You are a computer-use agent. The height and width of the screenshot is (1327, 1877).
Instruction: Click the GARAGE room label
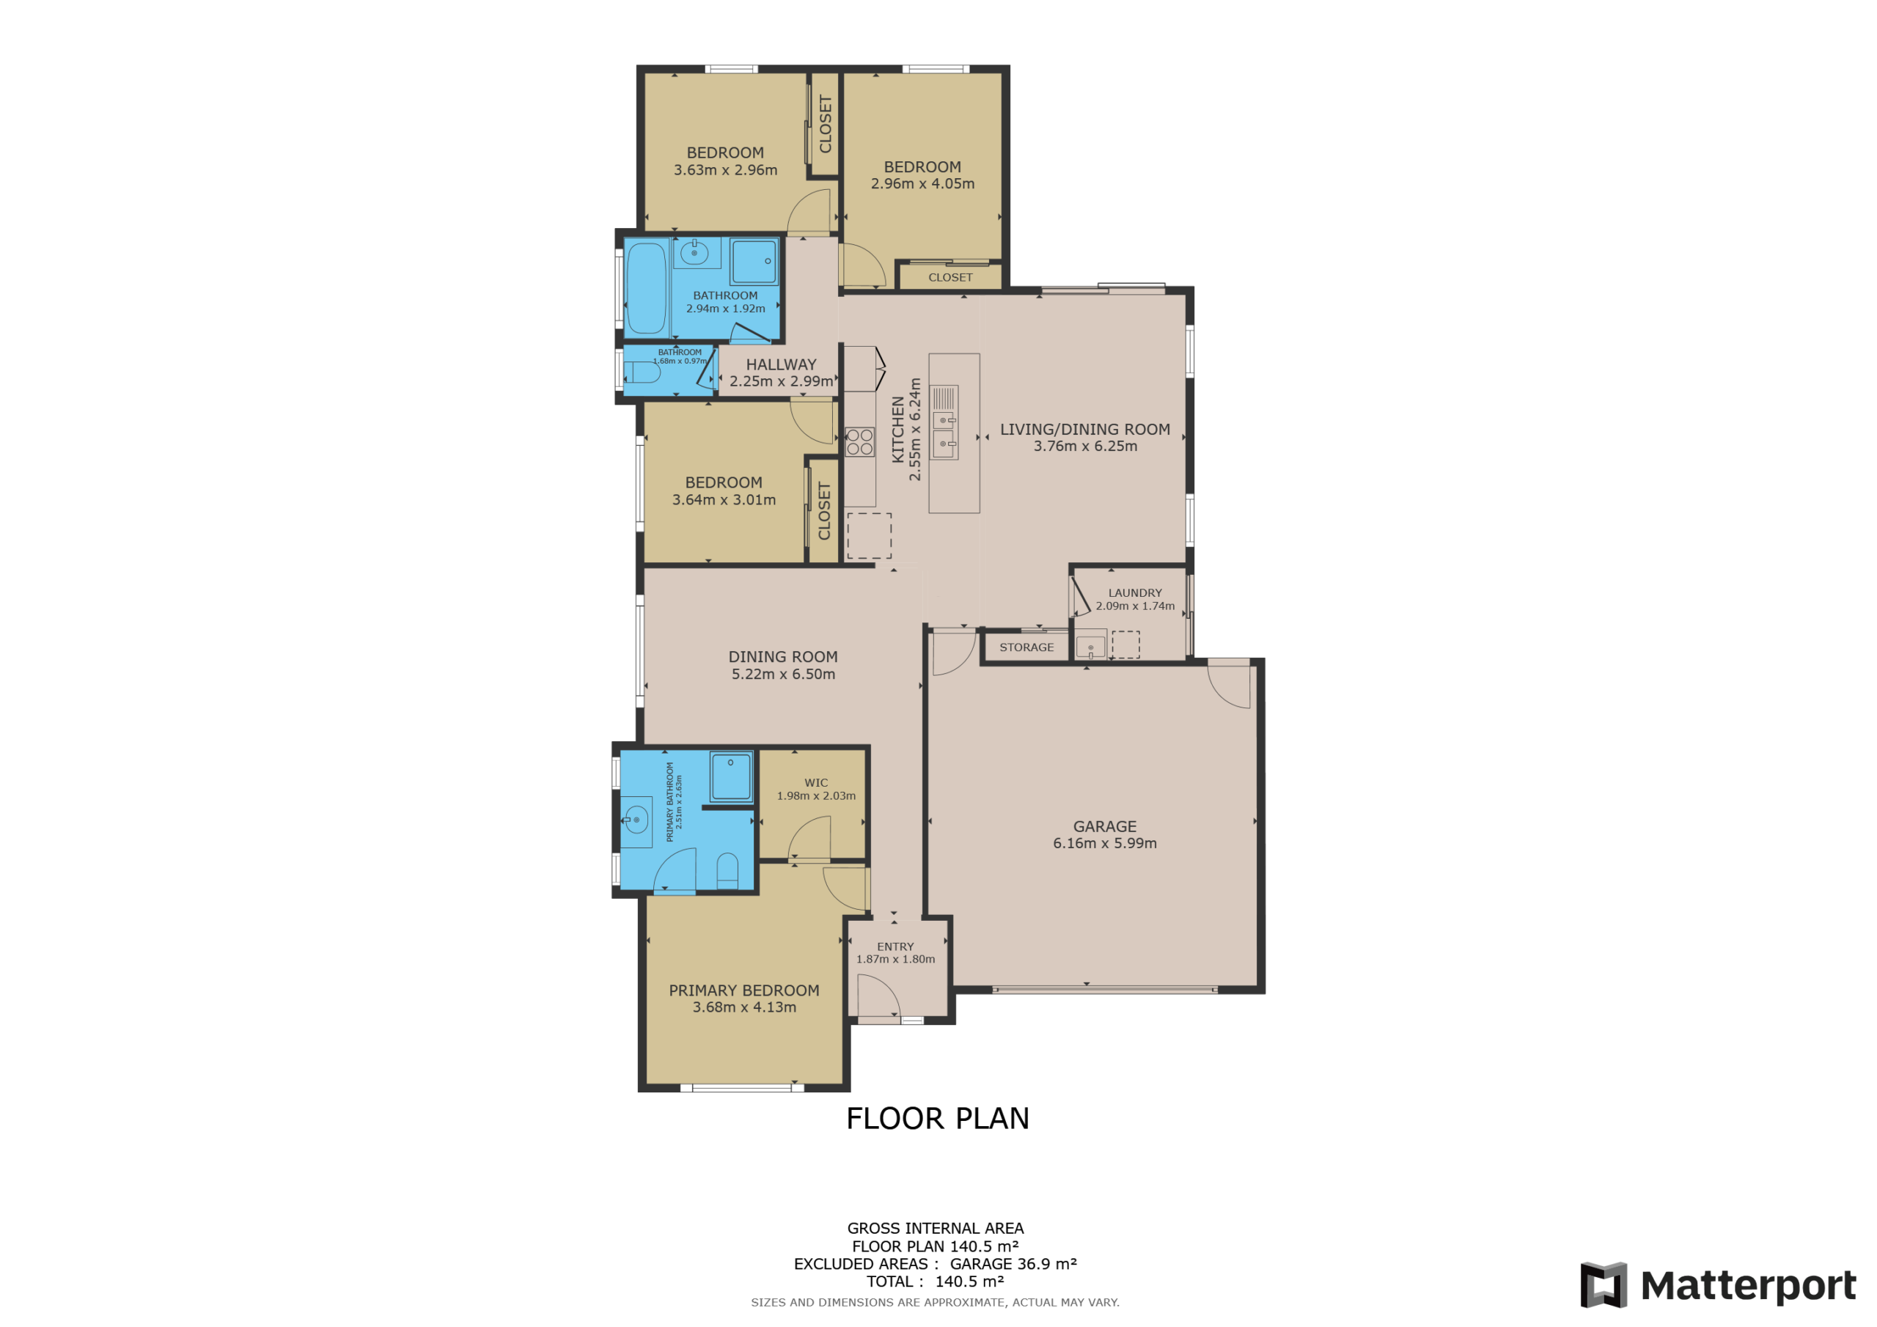click(1104, 826)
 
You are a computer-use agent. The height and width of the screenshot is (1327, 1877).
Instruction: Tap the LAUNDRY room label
click(1135, 593)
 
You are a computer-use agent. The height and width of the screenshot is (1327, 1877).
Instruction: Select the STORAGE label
click(1026, 647)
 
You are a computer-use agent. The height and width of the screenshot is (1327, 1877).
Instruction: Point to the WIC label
click(816, 782)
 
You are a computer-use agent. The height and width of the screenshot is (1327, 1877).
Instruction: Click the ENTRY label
click(895, 946)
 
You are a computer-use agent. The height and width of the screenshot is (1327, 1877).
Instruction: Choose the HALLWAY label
click(781, 364)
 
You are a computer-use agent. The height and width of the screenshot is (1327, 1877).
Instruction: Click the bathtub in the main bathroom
click(647, 289)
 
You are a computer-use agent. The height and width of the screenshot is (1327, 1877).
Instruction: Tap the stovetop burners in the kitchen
click(859, 441)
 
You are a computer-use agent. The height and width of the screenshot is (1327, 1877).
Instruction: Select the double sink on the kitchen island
click(944, 432)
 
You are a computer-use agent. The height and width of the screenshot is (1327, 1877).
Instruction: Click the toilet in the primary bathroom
click(727, 872)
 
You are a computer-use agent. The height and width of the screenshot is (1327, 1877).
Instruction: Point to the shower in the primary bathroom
click(730, 776)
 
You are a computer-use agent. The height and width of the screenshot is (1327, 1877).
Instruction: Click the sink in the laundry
click(1090, 647)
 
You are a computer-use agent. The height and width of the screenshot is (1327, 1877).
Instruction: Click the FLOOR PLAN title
click(938, 1119)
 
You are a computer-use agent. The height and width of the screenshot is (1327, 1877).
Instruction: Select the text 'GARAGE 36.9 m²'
click(1013, 1263)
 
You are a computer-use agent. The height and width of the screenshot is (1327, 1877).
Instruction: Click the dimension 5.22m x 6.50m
click(783, 674)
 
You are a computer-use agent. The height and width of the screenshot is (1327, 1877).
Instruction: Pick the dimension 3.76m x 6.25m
click(1085, 446)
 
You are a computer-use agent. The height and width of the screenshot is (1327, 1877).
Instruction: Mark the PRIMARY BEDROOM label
click(744, 990)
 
